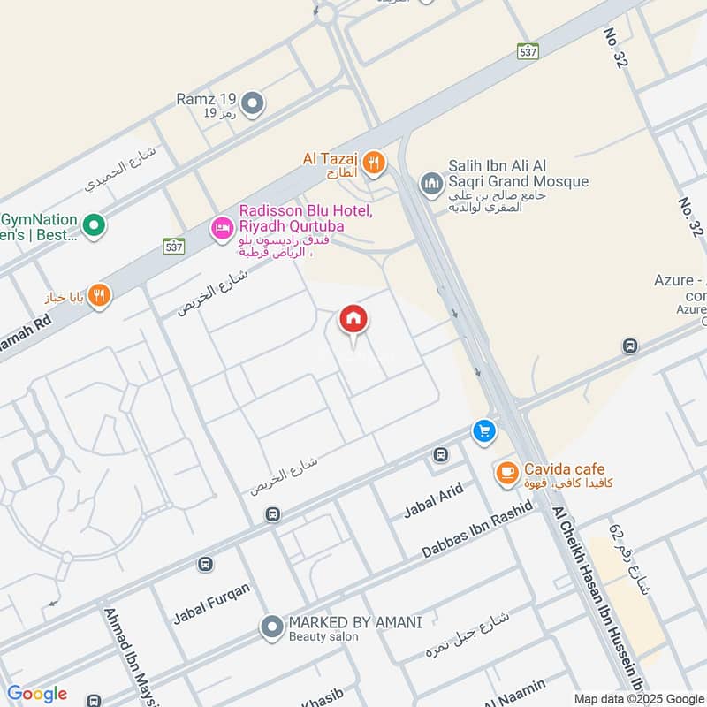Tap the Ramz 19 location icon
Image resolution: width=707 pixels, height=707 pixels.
[253, 105]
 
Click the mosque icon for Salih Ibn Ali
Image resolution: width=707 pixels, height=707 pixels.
[431, 183]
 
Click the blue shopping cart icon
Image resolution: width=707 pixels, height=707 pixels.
[483, 430]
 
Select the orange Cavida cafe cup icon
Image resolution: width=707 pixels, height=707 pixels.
[506, 473]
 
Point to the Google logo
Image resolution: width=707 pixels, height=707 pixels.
[36, 694]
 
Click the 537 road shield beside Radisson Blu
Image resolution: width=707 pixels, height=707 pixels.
[174, 247]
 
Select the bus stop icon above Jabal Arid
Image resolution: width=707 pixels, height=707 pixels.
[440, 455]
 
